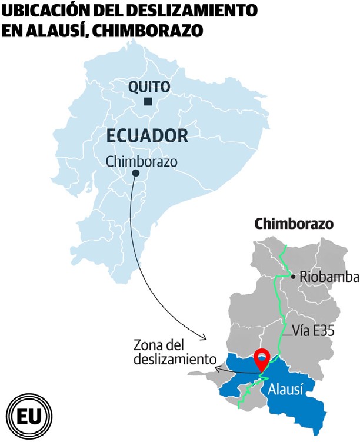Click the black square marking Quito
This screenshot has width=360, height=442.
148,102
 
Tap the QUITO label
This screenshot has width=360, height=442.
149,87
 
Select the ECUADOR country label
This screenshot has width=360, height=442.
147,136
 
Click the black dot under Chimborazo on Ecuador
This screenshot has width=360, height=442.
136,173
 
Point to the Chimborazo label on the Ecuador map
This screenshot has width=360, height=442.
141,161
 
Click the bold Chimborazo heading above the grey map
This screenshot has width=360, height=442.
294,224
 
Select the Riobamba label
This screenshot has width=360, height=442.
325,276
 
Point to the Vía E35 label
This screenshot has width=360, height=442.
313,331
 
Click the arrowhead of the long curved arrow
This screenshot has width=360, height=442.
204,338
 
